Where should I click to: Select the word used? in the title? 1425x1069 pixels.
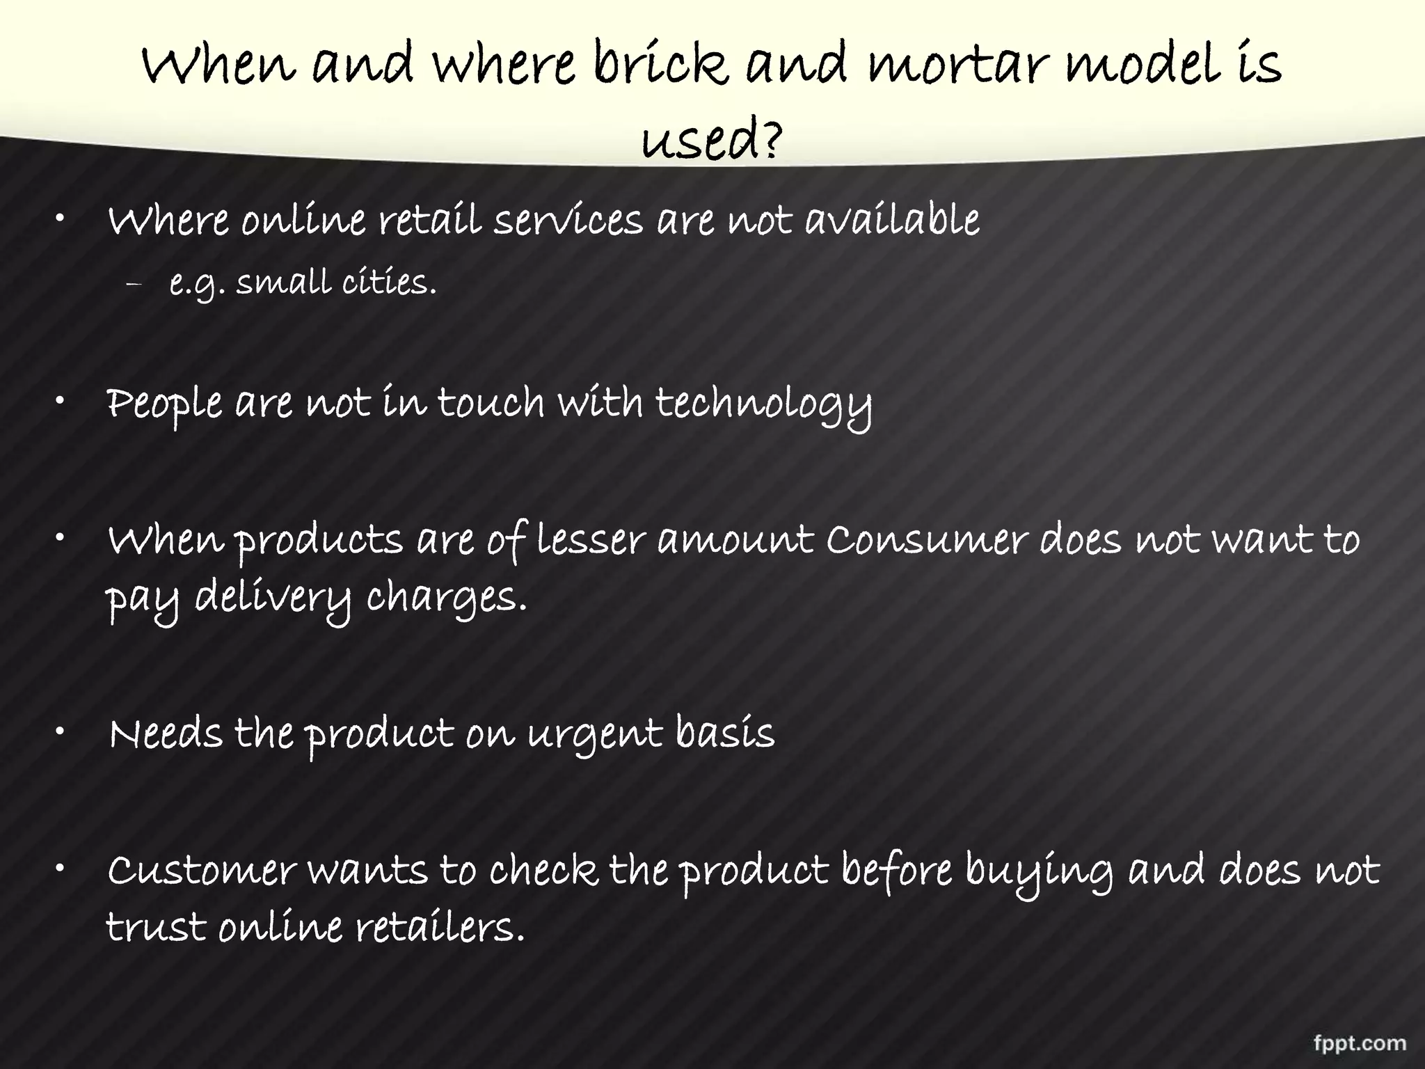711,140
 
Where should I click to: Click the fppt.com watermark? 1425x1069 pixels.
1360,1043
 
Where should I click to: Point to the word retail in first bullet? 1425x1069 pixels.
430,221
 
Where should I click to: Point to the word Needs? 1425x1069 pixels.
166,734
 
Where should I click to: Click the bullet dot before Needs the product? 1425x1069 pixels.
61,731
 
